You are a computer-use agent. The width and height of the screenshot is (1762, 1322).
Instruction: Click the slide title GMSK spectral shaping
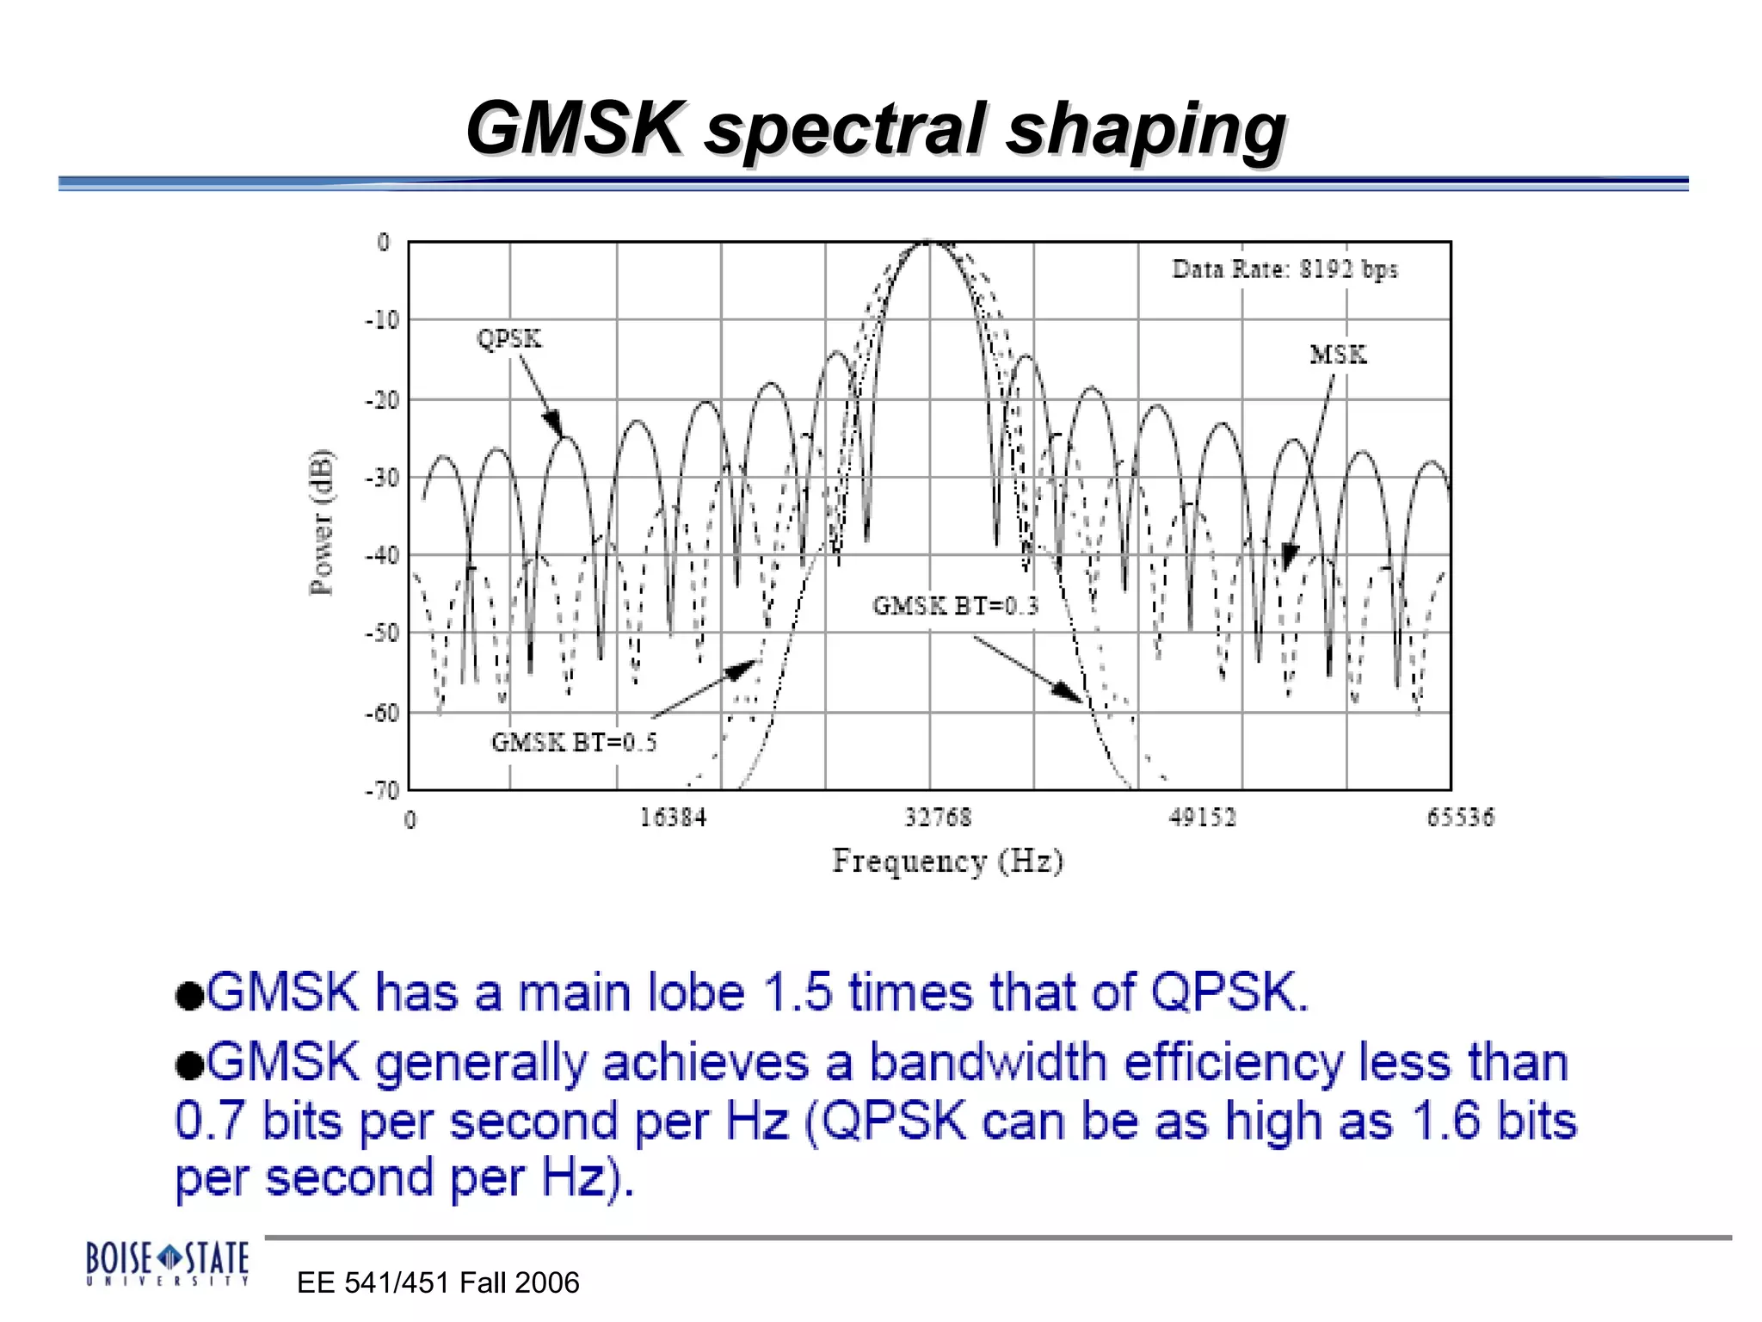(x=875, y=129)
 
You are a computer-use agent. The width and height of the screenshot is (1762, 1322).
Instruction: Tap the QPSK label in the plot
(x=509, y=339)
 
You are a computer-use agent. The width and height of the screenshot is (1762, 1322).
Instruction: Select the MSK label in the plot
(x=1338, y=355)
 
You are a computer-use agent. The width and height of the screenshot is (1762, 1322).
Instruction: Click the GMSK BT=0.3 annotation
(x=955, y=606)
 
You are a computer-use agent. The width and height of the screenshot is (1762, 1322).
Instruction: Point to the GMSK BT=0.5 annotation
(x=574, y=742)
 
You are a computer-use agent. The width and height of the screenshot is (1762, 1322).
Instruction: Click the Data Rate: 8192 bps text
(x=1285, y=269)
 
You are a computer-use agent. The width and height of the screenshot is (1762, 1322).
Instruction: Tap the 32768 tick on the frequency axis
(x=937, y=817)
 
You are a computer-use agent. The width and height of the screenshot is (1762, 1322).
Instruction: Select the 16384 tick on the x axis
(x=672, y=817)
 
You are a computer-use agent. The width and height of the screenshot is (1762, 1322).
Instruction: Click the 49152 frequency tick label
(x=1202, y=817)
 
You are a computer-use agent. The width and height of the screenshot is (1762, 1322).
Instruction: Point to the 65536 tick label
(x=1460, y=817)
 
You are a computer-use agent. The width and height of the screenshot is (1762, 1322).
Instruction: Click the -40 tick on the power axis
(x=382, y=555)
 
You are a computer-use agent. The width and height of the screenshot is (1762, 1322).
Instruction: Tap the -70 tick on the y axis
(x=382, y=790)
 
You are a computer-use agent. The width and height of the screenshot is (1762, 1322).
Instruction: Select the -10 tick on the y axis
(x=382, y=320)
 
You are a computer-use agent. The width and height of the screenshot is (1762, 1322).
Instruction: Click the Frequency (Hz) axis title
(x=947, y=861)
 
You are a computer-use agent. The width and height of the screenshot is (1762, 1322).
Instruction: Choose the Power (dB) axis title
(x=322, y=522)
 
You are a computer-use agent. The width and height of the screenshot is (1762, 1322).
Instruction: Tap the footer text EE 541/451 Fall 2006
(x=438, y=1282)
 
